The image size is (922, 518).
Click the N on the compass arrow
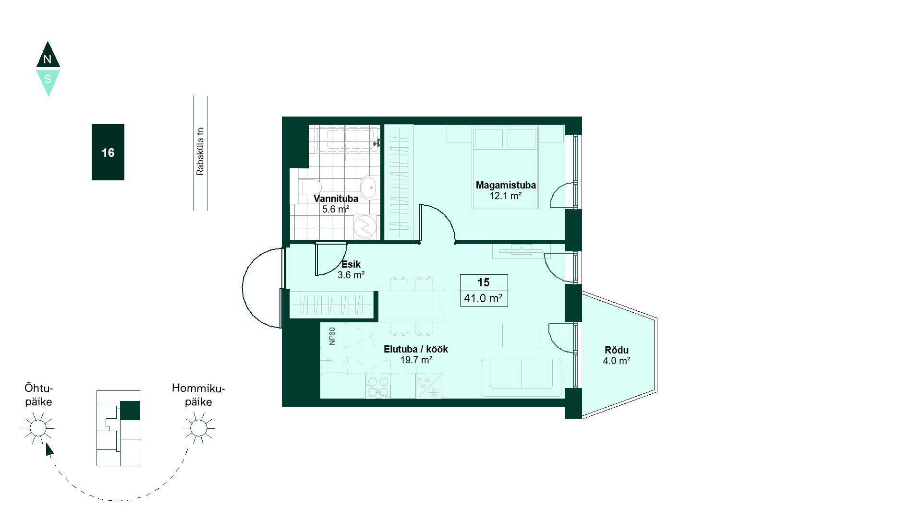(x=47, y=59)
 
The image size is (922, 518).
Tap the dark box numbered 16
(x=108, y=152)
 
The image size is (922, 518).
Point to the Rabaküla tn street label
(x=200, y=151)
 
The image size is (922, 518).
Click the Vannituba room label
(x=336, y=199)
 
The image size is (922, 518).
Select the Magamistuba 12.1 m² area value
(x=506, y=196)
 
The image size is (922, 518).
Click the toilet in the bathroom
(x=306, y=188)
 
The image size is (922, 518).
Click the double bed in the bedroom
(x=505, y=167)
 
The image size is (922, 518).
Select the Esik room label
(x=351, y=264)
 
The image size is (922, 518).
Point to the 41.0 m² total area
(x=484, y=298)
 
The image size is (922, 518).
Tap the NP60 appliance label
(x=332, y=336)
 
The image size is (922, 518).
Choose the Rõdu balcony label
(x=617, y=350)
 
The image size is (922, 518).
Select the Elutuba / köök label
(x=416, y=349)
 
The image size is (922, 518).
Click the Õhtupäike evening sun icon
(x=38, y=428)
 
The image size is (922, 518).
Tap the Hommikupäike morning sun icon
(x=198, y=428)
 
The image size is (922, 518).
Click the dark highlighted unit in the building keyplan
(x=130, y=411)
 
